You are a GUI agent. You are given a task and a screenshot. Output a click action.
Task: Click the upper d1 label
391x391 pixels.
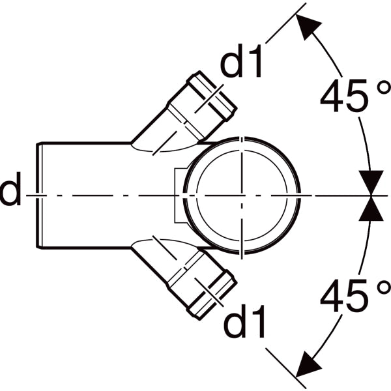point(241,61)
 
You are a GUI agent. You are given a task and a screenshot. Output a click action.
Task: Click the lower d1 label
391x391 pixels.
point(244,321)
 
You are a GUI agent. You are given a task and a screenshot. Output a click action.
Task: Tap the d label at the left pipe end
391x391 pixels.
point(10,189)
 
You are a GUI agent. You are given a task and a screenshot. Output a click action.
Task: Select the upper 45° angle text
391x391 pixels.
point(355,96)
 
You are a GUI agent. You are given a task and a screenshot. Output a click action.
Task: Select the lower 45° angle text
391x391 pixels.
point(355,295)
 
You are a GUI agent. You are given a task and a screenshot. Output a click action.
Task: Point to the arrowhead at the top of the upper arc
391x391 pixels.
point(308,25)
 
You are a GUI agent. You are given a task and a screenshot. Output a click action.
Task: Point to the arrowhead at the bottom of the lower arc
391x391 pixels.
point(308,366)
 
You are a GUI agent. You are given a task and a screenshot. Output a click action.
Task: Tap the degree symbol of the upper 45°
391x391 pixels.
point(383,88)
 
